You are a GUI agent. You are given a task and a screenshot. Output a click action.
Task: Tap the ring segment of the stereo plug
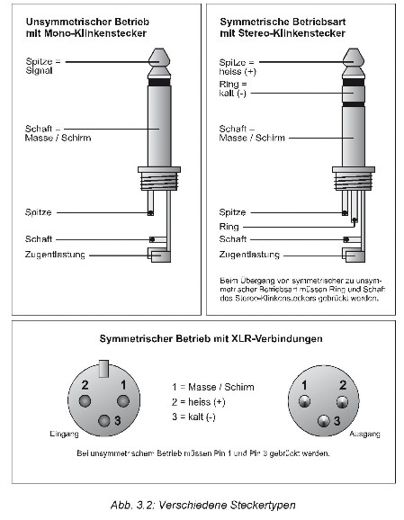pyautogui.click(x=354, y=94)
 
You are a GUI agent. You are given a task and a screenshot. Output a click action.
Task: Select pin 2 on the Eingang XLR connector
pyautogui.click(x=85, y=401)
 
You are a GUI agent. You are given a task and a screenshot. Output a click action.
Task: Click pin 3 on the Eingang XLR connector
pyautogui.click(x=103, y=421)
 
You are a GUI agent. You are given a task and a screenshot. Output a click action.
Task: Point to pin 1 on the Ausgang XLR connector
pyautogui.click(x=304, y=401)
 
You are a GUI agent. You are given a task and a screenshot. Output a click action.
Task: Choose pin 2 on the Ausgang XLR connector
pyautogui.click(x=342, y=402)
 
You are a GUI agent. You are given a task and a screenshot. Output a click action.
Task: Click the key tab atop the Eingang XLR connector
pyautogui.click(x=103, y=369)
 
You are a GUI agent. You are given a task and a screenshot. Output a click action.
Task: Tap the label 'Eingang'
pyautogui.click(x=64, y=434)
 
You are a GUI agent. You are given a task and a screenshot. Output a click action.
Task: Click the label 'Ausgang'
pyautogui.click(x=364, y=434)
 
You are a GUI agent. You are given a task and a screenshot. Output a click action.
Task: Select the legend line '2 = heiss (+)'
pyautogui.click(x=198, y=402)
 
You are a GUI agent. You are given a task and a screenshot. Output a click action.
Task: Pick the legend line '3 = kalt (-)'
pyautogui.click(x=193, y=417)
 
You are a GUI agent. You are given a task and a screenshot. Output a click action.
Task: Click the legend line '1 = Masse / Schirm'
pyautogui.click(x=213, y=387)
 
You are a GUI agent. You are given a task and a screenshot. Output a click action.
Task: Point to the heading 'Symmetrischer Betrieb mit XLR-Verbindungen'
pyautogui.click(x=211, y=338)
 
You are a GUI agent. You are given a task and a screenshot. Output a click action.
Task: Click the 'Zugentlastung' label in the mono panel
pyautogui.click(x=55, y=255)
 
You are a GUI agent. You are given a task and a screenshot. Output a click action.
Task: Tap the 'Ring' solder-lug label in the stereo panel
pyautogui.click(x=229, y=227)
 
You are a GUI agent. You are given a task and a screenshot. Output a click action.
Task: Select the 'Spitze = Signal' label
pyautogui.click(x=43, y=66)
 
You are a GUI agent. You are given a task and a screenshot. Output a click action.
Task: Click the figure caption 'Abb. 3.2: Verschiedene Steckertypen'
pyautogui.click(x=203, y=505)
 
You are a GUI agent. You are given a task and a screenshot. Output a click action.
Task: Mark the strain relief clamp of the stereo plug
pyautogui.click(x=354, y=256)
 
